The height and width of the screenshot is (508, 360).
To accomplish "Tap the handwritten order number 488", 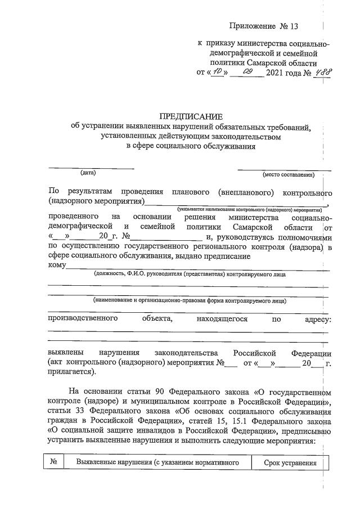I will [x=321, y=73].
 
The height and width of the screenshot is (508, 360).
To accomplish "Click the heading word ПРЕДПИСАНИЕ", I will [x=191, y=116].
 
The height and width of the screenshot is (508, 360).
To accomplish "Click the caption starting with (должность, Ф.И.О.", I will [x=190, y=275].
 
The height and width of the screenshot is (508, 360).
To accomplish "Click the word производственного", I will [x=83, y=319].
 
